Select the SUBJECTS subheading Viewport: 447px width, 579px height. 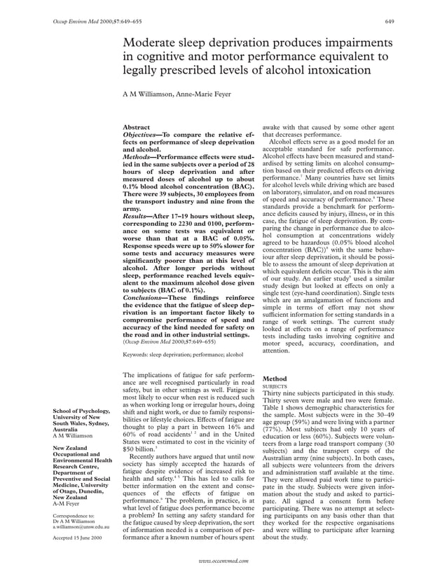[x=273, y=386]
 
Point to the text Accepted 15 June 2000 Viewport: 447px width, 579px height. [x=77, y=538]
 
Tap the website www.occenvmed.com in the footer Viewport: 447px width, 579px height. [x=224, y=562]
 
